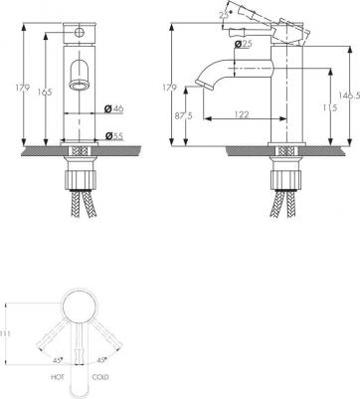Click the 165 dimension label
pyautogui.click(x=45, y=92)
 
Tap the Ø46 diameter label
pyautogui.click(x=113, y=108)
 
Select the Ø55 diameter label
pyautogui.click(x=113, y=135)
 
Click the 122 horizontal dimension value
pyautogui.click(x=242, y=114)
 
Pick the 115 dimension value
pyautogui.click(x=329, y=107)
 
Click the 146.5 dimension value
pyautogui.click(x=349, y=96)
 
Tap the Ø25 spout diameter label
pyautogui.click(x=243, y=44)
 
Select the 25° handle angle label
pyautogui.click(x=225, y=15)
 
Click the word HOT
pyautogui.click(x=58, y=377)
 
